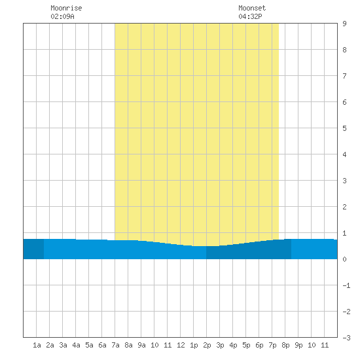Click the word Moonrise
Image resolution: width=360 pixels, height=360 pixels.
click(x=66, y=8)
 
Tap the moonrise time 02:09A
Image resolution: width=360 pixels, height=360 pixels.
click(x=62, y=16)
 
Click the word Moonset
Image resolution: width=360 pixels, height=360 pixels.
click(x=252, y=8)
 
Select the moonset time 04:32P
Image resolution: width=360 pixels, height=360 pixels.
click(x=250, y=16)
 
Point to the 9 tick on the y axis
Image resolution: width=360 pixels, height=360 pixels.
click(x=344, y=24)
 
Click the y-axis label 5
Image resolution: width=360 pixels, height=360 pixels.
click(x=344, y=128)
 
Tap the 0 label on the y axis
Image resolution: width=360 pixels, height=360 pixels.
click(x=344, y=259)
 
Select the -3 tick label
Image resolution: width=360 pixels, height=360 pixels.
click(x=346, y=338)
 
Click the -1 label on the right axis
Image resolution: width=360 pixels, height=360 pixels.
click(x=346, y=285)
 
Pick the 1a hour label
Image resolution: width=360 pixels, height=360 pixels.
click(x=37, y=345)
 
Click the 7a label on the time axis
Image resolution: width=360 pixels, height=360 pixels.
click(x=115, y=345)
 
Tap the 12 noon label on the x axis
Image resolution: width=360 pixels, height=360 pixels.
click(x=181, y=345)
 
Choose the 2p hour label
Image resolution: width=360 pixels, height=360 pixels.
click(x=207, y=345)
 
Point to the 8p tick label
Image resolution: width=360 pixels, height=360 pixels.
click(x=285, y=345)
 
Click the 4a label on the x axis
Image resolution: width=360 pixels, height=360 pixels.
click(x=76, y=345)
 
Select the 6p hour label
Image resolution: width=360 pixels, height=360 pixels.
click(x=259, y=345)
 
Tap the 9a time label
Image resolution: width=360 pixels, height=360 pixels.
click(x=141, y=345)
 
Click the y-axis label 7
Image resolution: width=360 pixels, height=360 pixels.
click(x=344, y=76)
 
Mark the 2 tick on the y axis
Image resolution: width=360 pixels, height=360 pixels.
click(x=344, y=207)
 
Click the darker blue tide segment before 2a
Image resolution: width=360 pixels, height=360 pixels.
click(x=33, y=249)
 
